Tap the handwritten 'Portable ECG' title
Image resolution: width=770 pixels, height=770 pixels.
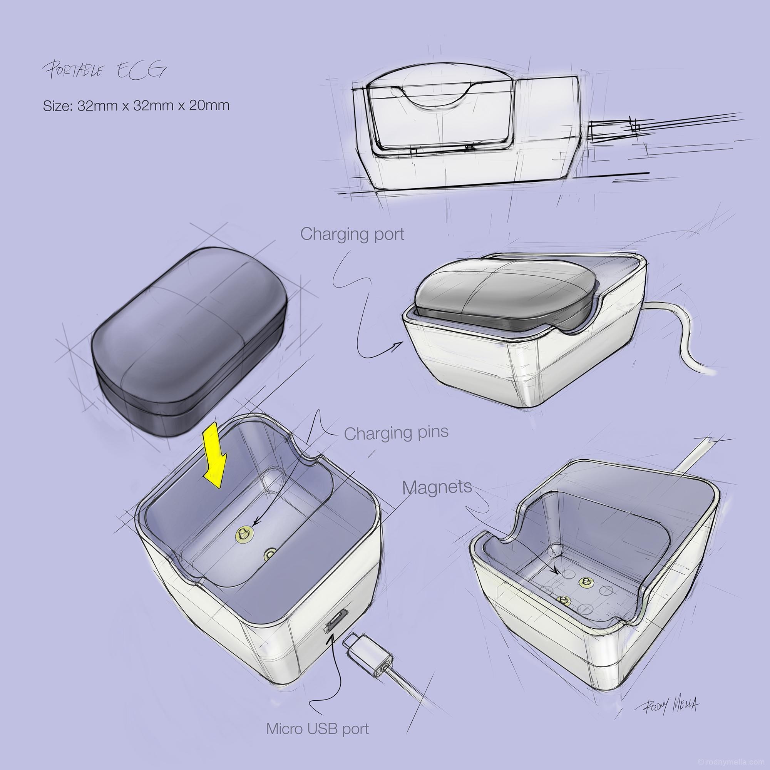(x=104, y=70)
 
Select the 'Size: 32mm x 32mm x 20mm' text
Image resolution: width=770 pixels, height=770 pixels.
(x=136, y=105)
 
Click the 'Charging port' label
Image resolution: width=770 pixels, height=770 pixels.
(x=352, y=234)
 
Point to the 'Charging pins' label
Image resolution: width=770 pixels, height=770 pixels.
(x=396, y=433)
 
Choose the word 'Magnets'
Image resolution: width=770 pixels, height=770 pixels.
(x=437, y=487)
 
